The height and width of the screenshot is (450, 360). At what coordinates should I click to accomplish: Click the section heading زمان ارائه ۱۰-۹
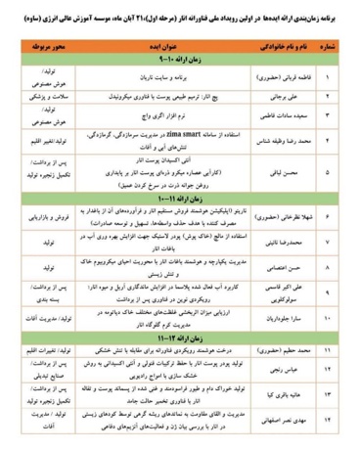180,60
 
